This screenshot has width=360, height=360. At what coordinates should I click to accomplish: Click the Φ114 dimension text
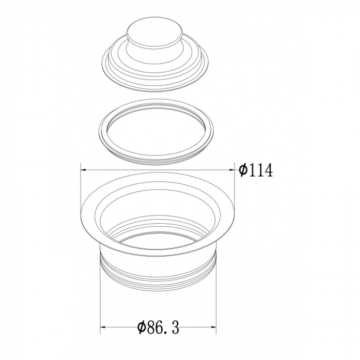(x=256, y=170)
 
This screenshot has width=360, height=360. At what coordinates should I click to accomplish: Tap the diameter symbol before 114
(x=243, y=170)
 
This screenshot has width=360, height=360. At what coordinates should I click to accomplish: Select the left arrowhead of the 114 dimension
(x=83, y=170)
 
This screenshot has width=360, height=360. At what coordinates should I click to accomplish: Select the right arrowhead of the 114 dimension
(x=231, y=170)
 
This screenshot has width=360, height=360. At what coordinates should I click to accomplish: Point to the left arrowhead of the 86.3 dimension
(x=103, y=326)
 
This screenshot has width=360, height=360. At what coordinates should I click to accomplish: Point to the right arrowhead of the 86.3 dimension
(x=213, y=326)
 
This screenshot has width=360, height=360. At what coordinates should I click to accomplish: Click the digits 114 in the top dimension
(x=261, y=170)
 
